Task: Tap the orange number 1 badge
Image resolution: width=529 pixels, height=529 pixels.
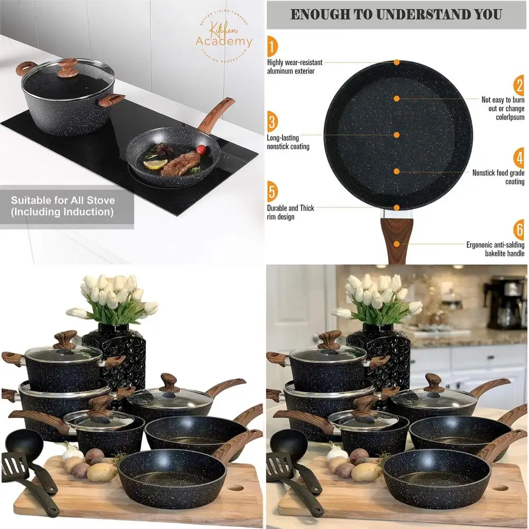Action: coord(272,47)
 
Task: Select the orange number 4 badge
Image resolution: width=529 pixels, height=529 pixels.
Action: coord(518,158)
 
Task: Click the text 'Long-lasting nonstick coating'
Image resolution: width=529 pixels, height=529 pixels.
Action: coord(288,142)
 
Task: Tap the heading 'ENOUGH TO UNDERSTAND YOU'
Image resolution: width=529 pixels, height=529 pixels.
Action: coord(397,14)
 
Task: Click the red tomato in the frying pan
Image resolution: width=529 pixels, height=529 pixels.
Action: coord(201,150)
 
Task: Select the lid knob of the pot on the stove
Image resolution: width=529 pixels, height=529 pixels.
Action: coord(67,68)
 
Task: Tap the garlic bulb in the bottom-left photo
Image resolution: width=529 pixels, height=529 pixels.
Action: coord(72,452)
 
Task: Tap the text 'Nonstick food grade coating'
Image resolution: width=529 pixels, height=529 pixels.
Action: coord(498,177)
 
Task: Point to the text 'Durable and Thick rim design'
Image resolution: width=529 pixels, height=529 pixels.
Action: coord(290,212)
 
